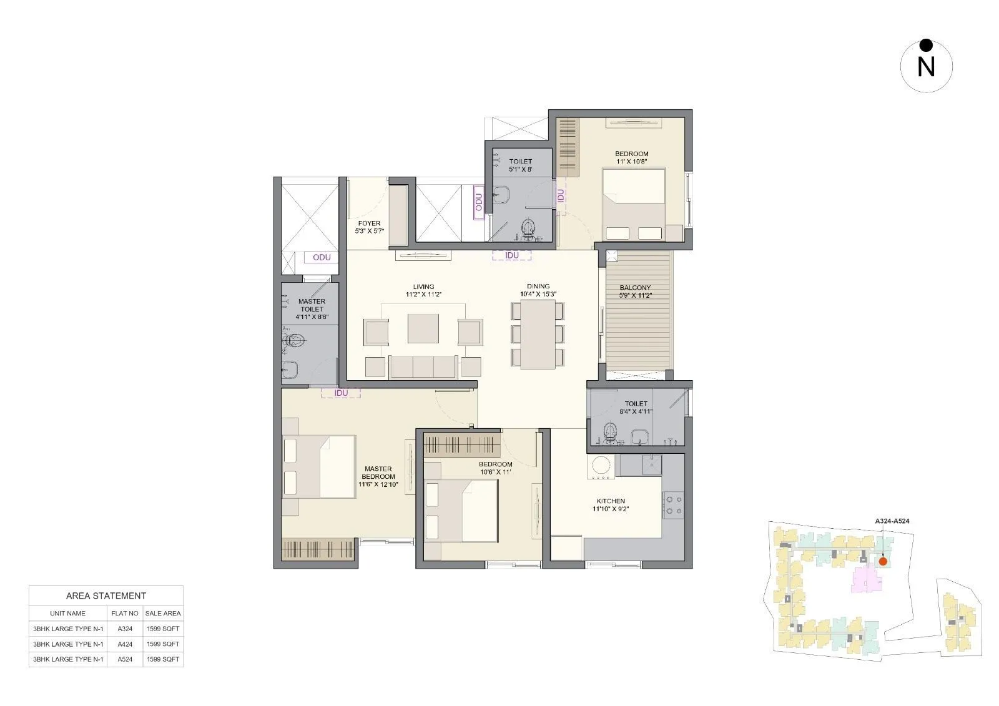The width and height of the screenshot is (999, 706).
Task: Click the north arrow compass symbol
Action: coord(926,66)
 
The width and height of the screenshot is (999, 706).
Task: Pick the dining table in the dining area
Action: coord(538,334)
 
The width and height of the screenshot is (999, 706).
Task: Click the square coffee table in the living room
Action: coord(423,328)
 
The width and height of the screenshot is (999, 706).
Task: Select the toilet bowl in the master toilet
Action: coord(295,341)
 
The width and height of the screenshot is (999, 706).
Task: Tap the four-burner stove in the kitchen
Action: coord(673,504)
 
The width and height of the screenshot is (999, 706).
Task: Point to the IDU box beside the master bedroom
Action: coord(341,393)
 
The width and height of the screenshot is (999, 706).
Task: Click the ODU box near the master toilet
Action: coord(322,257)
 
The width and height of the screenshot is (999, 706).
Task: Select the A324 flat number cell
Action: coord(125,629)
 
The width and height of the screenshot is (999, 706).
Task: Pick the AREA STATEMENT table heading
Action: coord(106,596)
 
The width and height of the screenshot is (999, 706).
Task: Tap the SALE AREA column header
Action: coord(163,614)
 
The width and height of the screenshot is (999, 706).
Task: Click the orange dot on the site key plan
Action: coord(883,561)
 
